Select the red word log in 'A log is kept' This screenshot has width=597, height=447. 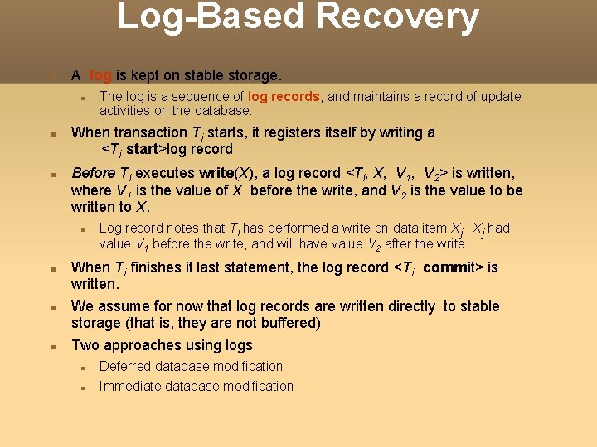[100, 75]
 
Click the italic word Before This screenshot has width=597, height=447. [94, 173]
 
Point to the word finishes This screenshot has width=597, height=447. [158, 267]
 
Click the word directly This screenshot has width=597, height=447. [404, 306]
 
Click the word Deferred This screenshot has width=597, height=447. [125, 366]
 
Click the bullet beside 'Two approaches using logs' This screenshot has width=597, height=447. [51, 346]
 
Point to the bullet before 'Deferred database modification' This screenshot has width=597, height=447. [82, 367]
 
